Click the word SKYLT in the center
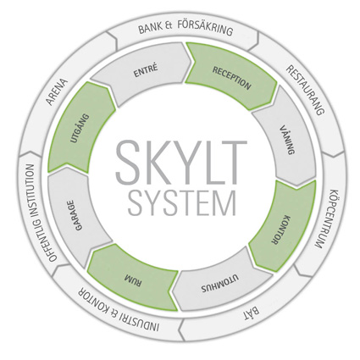pyautogui.click(x=181, y=162)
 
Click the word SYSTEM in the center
pyautogui.click(x=182, y=203)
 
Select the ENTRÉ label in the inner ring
pyautogui.click(x=146, y=70)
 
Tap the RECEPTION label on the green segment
pyautogui.click(x=231, y=78)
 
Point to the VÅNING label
pyautogui.click(x=287, y=141)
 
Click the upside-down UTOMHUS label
pyautogui.click(x=220, y=284)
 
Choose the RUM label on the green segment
pyautogui.click(x=133, y=280)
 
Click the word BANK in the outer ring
pyautogui.click(x=151, y=29)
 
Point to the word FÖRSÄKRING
pyautogui.click(x=205, y=28)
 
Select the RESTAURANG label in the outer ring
pyautogui.click(x=306, y=90)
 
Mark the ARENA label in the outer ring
pyautogui.click(x=58, y=92)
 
